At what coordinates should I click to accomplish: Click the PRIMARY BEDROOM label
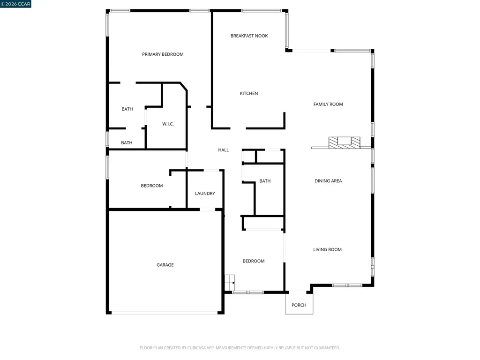coord(163,54)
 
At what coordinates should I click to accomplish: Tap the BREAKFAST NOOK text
coord(249,36)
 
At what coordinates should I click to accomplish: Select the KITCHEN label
coord(249,93)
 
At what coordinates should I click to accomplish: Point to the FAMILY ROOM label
coord(328,104)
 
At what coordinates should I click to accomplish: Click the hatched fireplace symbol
coord(345,142)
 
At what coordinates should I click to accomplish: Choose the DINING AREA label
coord(328,180)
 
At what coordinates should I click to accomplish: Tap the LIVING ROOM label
coord(327,249)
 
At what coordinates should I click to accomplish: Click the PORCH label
coord(299,305)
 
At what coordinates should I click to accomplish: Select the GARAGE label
coord(165,265)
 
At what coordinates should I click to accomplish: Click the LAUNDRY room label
coord(205,193)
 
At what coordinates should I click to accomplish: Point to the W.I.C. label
coord(168,124)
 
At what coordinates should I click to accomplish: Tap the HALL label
coord(224,150)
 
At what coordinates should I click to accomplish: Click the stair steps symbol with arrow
coord(230,283)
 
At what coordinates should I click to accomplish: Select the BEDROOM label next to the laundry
coord(152,186)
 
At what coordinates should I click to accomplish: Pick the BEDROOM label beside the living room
coord(253,261)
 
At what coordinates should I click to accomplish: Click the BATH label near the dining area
coord(265,181)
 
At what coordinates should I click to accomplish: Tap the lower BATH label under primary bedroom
coord(127,143)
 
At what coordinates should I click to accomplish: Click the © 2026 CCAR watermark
coord(16,4)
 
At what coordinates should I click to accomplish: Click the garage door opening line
coord(165,312)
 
